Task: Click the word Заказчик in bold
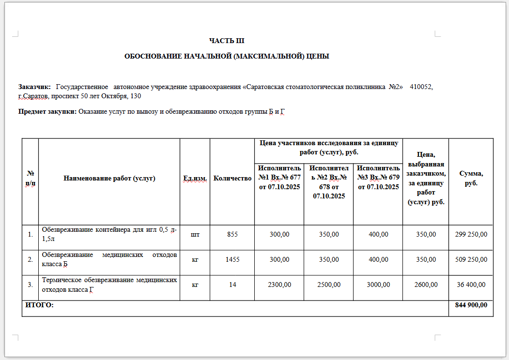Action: (x=34, y=87)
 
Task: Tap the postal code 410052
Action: (x=421, y=87)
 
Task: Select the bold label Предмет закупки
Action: (x=47, y=112)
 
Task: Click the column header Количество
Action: (x=232, y=179)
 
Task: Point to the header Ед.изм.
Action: (x=195, y=179)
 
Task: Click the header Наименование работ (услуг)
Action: (x=109, y=179)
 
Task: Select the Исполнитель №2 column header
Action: (x=329, y=182)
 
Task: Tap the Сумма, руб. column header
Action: (x=471, y=179)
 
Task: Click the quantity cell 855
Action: (x=232, y=234)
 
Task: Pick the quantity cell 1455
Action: (x=232, y=259)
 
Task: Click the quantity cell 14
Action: (x=232, y=285)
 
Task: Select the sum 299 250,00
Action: (x=471, y=234)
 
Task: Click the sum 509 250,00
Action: (x=471, y=259)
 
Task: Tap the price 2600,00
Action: (x=426, y=285)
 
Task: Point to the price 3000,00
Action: (x=378, y=285)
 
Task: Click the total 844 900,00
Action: (x=471, y=305)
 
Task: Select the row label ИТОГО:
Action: (x=39, y=305)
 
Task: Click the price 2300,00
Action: (x=279, y=285)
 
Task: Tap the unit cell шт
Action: (x=195, y=234)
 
